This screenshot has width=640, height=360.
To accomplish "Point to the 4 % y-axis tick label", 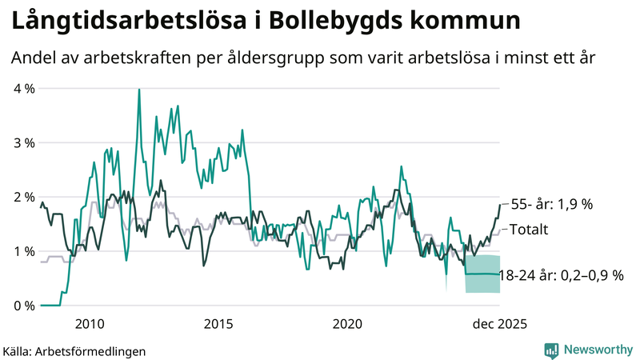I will click(24, 88).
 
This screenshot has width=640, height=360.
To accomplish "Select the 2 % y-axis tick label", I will click(24, 197).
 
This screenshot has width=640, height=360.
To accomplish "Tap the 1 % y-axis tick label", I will click(24, 251).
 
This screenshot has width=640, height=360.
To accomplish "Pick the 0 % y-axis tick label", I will click(24, 306).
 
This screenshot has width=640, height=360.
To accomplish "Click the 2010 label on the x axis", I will click(90, 324).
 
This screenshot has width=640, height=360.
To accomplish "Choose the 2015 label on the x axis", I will click(218, 324).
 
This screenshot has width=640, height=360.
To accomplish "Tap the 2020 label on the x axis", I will click(347, 324).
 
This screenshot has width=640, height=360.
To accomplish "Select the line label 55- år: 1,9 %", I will click(551, 204).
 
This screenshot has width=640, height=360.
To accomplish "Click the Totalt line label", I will click(529, 230).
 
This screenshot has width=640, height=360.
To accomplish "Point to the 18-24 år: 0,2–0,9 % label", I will click(560, 275).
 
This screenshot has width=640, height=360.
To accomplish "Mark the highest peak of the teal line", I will click(139, 90).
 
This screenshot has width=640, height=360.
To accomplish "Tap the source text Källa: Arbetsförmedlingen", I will click(74, 350).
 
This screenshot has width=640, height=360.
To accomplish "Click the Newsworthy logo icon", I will click(551, 350).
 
